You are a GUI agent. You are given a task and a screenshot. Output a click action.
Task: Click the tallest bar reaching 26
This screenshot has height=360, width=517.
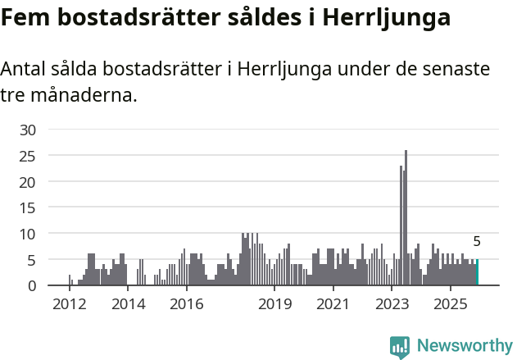406,218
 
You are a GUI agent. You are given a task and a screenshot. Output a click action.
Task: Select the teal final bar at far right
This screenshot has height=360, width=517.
477,272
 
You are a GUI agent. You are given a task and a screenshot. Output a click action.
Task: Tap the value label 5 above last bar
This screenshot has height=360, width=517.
477,242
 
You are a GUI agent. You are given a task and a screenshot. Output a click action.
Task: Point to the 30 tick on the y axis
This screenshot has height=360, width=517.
28,130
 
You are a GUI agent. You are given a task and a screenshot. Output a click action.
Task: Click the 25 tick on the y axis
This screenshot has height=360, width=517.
28,156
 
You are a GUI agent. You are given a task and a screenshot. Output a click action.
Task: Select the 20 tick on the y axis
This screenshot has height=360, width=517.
28,182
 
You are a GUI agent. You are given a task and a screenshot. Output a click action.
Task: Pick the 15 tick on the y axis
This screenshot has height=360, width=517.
28,207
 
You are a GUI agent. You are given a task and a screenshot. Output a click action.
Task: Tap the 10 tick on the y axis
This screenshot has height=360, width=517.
28,234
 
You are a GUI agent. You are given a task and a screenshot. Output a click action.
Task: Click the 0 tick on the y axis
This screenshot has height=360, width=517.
32,285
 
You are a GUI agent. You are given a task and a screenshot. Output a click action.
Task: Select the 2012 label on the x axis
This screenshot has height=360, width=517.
69,304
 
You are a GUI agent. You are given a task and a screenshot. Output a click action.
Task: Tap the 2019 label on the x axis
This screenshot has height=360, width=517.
274,304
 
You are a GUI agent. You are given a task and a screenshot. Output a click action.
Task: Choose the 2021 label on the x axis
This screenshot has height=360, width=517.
332,304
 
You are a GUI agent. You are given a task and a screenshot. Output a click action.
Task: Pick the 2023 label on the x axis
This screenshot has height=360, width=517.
391,304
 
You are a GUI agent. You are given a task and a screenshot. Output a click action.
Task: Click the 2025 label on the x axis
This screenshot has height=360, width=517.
450,304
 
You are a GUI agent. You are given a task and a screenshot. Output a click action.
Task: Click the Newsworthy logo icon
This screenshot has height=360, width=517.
400,347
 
